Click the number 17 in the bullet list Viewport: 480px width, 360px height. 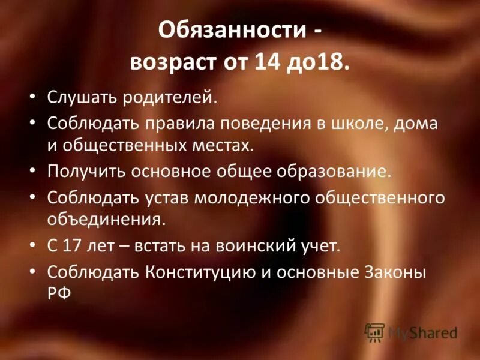point(68,245)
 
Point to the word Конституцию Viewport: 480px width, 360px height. point(203,272)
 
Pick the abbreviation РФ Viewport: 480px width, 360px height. point(59,293)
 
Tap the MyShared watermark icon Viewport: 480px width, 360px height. point(375,332)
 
